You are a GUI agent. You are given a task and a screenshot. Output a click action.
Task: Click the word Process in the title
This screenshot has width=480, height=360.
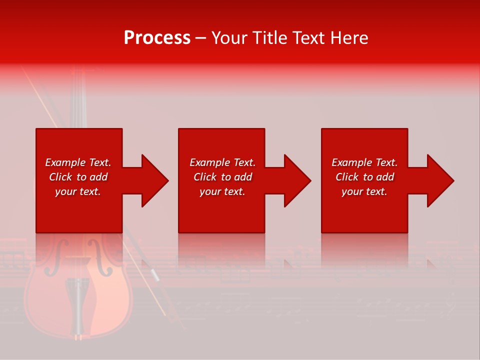click(157, 38)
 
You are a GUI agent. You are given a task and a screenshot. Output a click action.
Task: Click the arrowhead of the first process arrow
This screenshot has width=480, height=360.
click(154, 180)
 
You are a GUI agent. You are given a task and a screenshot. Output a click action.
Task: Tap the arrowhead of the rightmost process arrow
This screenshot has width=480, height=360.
click(440, 180)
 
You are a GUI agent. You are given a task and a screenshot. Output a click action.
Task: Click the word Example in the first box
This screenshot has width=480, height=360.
click(65, 162)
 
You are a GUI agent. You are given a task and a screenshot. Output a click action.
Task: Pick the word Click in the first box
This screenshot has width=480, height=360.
click(61, 177)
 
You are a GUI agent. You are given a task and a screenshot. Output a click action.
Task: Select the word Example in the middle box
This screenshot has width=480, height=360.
click(209, 162)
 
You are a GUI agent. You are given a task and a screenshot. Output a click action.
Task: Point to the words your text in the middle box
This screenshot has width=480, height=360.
click(222, 191)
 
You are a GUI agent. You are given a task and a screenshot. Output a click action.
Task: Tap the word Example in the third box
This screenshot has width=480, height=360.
click(351, 162)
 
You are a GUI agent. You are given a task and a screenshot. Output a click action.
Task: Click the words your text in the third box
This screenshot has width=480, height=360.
click(364, 191)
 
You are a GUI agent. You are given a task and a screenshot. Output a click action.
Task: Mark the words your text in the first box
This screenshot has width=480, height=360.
click(78, 191)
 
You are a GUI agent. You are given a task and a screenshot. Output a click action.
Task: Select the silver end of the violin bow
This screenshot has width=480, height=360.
click(154, 275)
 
